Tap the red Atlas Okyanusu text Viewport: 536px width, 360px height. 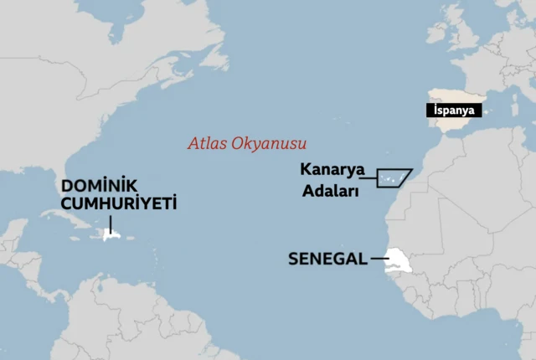247,141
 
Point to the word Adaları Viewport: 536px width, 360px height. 331,191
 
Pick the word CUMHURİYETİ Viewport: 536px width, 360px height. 118,203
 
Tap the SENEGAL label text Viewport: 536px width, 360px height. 327,259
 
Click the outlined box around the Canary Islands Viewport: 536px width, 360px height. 391,178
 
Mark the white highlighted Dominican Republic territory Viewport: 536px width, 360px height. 112,235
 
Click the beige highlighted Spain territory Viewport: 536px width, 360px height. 452,126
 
